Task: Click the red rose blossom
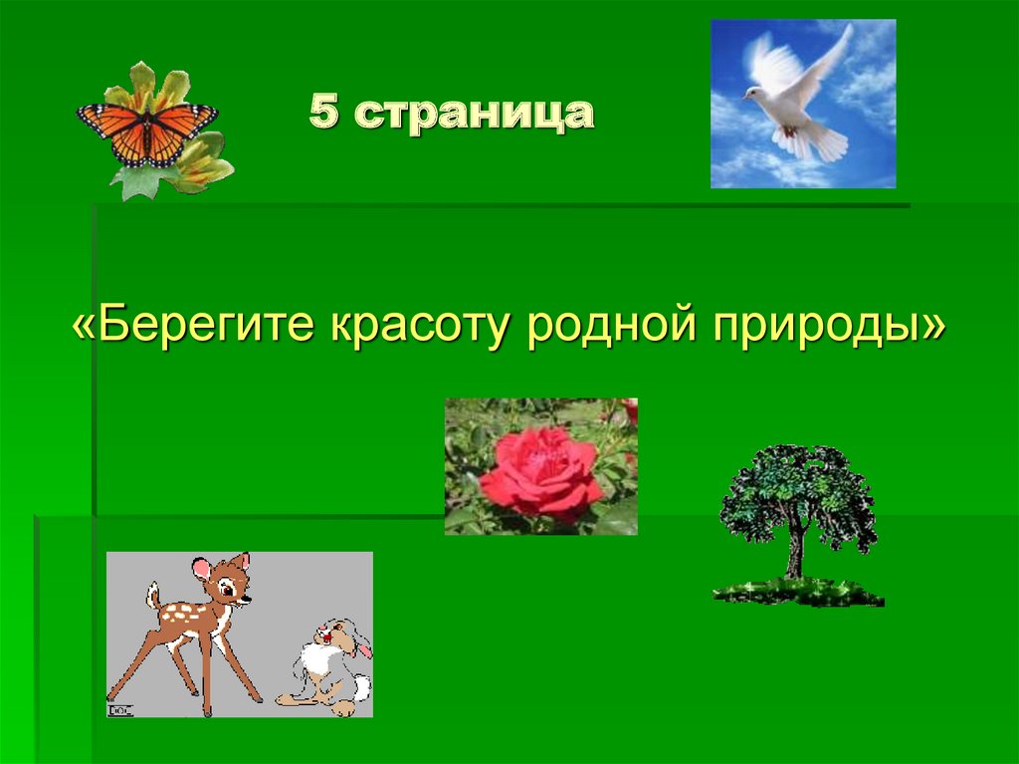coord(539,470)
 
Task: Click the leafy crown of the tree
coord(796,493)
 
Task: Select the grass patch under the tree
coord(796,593)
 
